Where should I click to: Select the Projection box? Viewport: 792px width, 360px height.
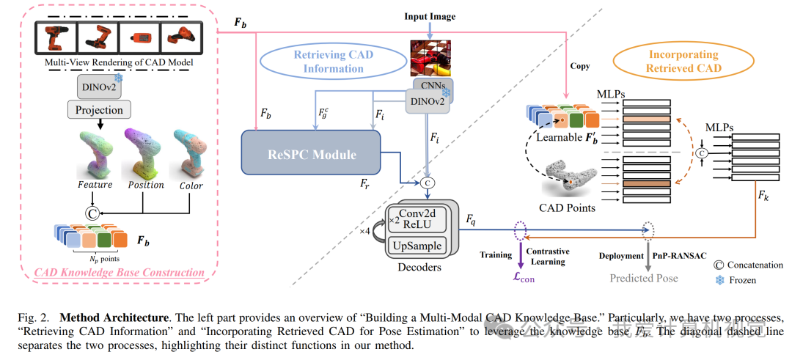click(x=99, y=110)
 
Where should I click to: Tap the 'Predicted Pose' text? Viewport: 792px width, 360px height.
click(x=645, y=278)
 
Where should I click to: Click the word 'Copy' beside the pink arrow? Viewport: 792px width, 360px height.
click(x=580, y=65)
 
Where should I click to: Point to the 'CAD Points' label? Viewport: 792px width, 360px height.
click(x=566, y=207)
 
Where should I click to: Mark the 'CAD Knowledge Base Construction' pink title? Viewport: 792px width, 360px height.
click(x=119, y=273)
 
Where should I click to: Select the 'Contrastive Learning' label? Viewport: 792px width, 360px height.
click(x=549, y=256)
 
